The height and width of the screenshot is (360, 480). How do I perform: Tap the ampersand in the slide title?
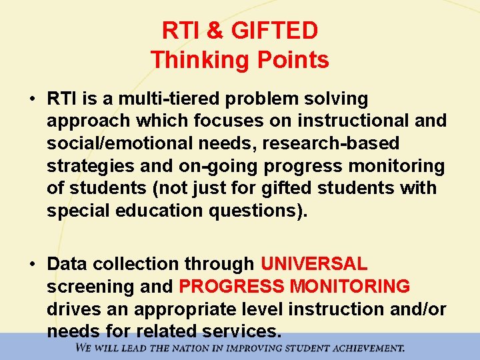[x=215, y=31]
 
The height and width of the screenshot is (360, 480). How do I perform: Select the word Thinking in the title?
[x=194, y=60]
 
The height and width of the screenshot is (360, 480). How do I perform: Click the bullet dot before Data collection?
[x=32, y=265]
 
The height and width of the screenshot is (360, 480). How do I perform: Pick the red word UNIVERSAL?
[x=313, y=264]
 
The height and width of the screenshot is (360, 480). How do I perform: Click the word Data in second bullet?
[x=67, y=265]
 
